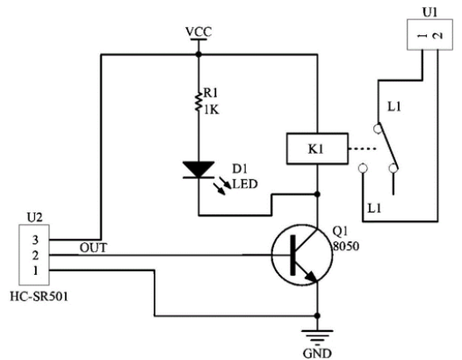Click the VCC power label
click(x=199, y=32)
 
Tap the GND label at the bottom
click(x=317, y=353)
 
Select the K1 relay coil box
click(x=317, y=148)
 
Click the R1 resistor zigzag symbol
click(x=199, y=101)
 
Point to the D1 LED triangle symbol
click(x=199, y=169)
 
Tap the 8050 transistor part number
click(x=346, y=246)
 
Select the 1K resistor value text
click(x=212, y=110)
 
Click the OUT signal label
click(x=93, y=248)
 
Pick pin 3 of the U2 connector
click(x=35, y=240)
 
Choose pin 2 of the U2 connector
click(x=35, y=256)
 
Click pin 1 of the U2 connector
click(x=35, y=270)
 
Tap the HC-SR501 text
click(x=40, y=297)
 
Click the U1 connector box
click(x=430, y=34)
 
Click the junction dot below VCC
click(x=199, y=54)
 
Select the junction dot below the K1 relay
click(x=317, y=194)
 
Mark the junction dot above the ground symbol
click(x=317, y=316)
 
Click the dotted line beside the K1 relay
click(x=363, y=148)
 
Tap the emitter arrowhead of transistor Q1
click(x=311, y=277)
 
